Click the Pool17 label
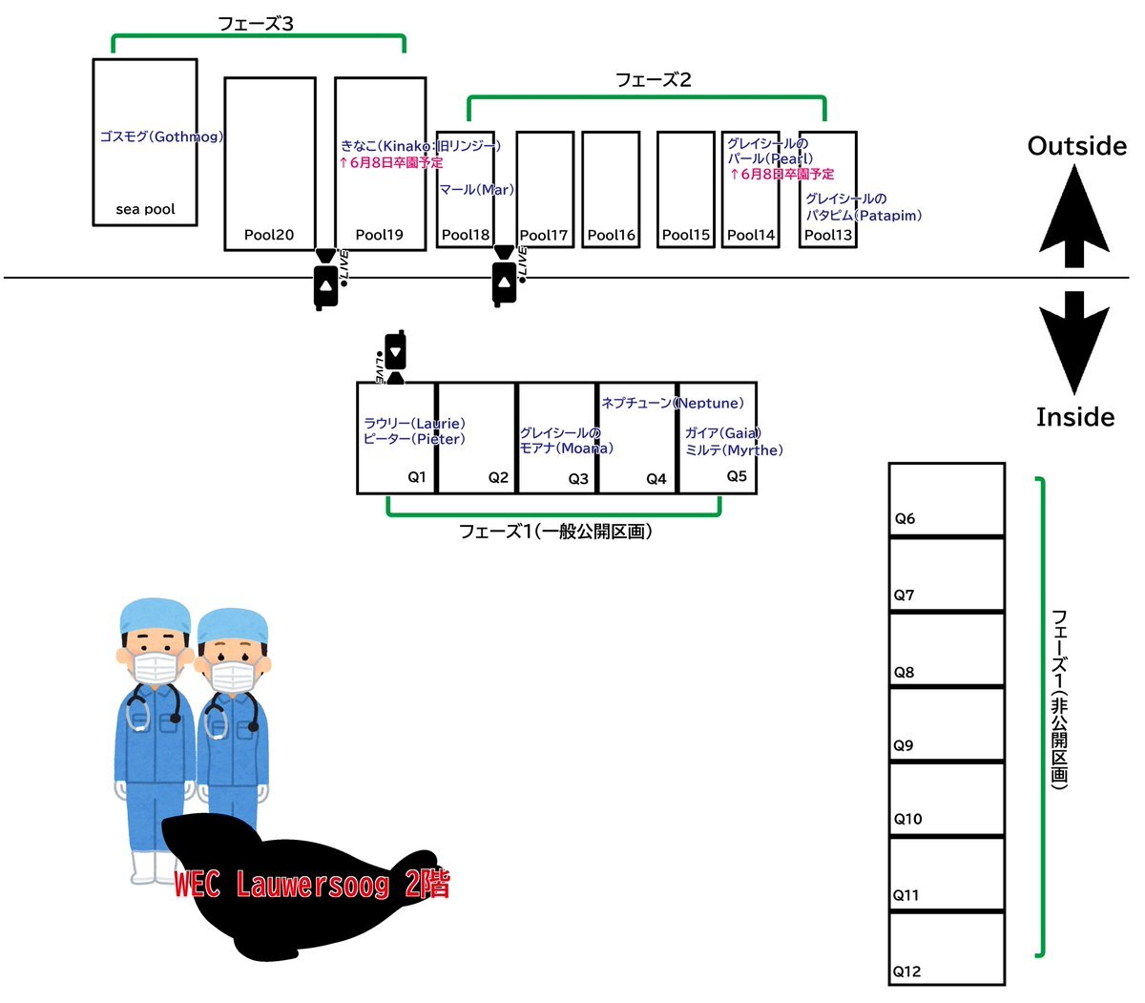pyautogui.click(x=543, y=235)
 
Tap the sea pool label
pyautogui.click(x=145, y=209)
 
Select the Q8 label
pyautogui.click(x=904, y=672)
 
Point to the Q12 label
pyautogui.click(x=906, y=972)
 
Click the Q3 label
pyautogui.click(x=578, y=478)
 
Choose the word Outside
pyautogui.click(x=1076, y=146)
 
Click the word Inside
pyautogui.click(x=1075, y=417)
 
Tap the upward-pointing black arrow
pyautogui.click(x=1074, y=216)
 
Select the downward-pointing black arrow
pyautogui.click(x=1074, y=343)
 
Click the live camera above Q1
pyautogui.click(x=394, y=357)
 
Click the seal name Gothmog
pyautogui.click(x=188, y=136)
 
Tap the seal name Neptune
pyautogui.click(x=709, y=403)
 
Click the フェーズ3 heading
pyautogui.click(x=255, y=24)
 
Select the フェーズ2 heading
pyautogui.click(x=653, y=79)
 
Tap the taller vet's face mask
pyautogui.click(x=156, y=667)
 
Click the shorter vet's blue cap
pyautogui.click(x=232, y=625)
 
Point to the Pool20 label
pyautogui.click(x=269, y=235)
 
